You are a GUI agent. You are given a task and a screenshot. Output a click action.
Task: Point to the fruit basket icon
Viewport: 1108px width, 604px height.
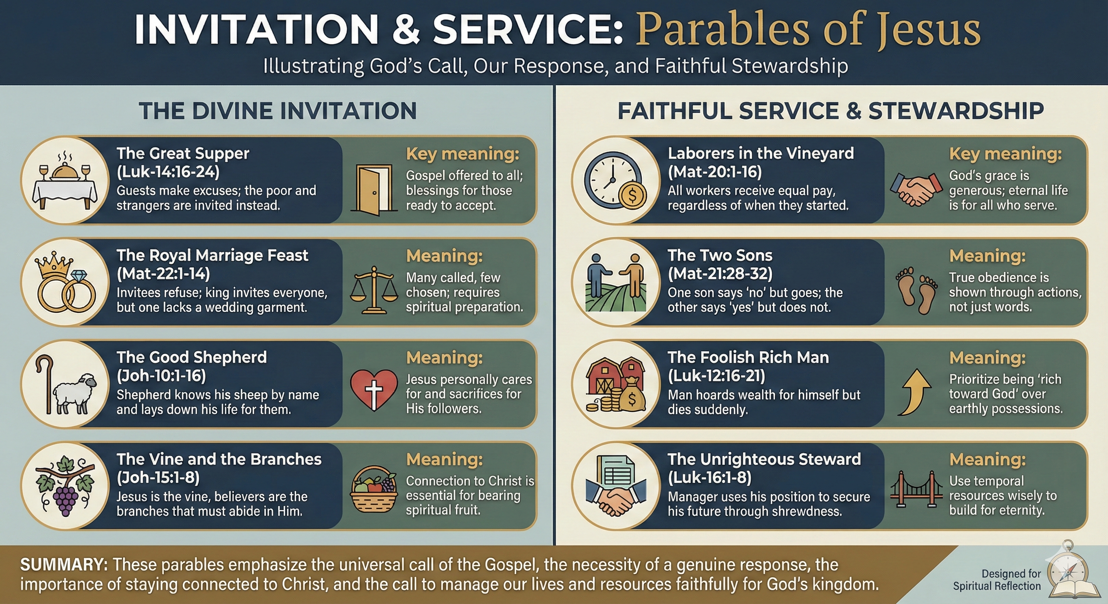(374, 490)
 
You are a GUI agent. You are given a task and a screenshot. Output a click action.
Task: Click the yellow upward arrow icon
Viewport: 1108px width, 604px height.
(915, 392)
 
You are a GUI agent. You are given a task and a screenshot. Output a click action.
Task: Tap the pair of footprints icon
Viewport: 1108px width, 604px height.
(916, 291)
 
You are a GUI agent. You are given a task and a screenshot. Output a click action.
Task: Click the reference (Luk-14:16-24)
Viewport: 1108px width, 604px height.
(168, 172)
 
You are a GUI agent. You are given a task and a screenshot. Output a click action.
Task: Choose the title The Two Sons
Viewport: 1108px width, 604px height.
(720, 255)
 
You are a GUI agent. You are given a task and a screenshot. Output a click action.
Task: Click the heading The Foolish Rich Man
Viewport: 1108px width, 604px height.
(748, 357)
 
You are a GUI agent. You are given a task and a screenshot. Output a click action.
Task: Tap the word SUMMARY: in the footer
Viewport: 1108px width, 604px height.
(64, 564)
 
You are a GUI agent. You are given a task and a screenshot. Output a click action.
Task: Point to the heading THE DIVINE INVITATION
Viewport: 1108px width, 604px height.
(277, 111)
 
